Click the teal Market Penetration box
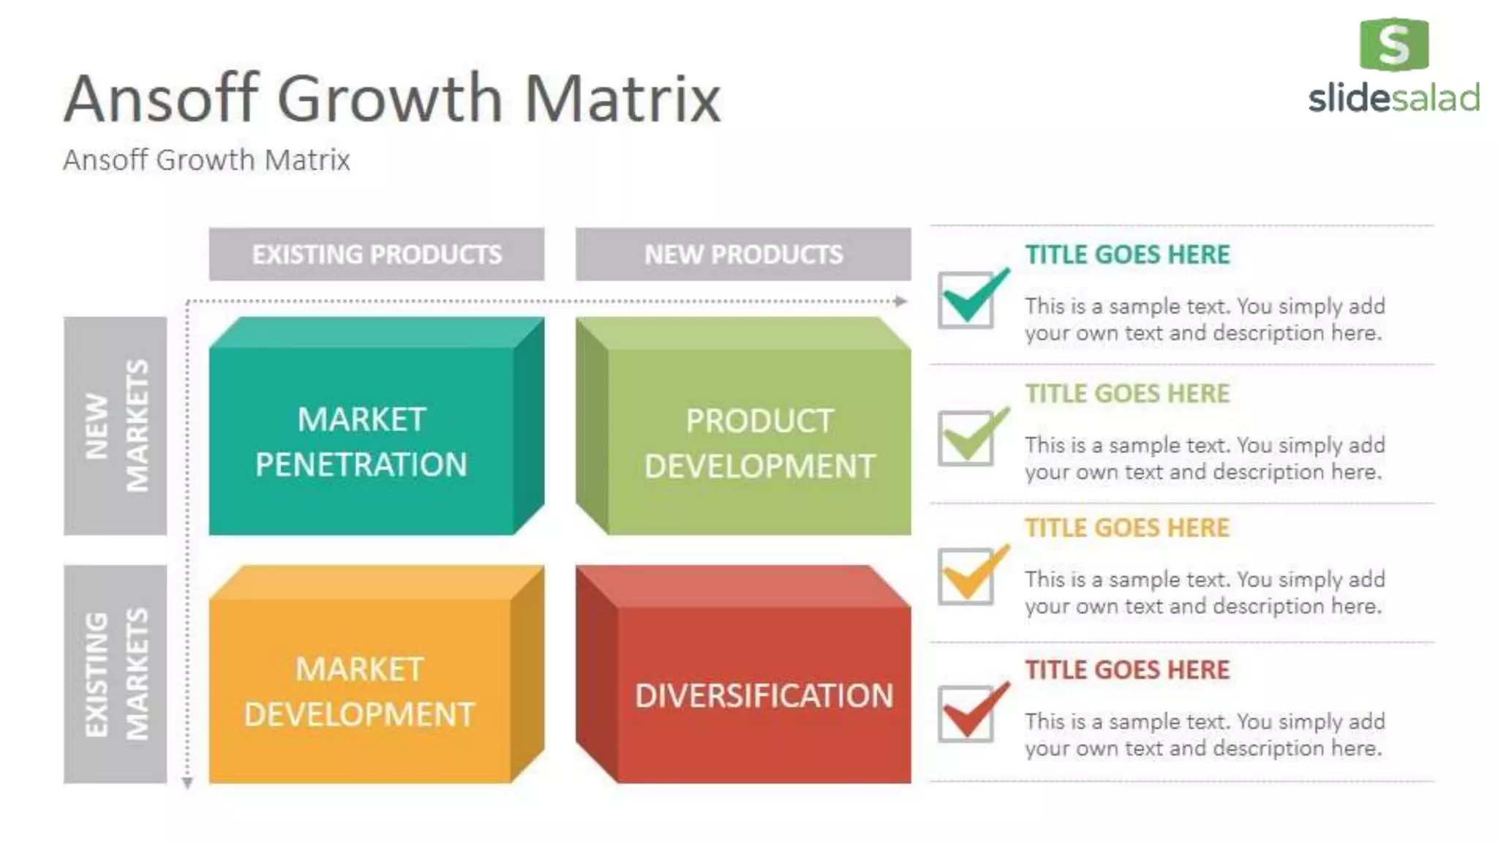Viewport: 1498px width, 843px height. [362, 441]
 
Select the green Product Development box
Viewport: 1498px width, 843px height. [759, 442]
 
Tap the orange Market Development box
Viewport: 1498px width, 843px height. [359, 690]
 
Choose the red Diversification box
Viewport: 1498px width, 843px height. [764, 694]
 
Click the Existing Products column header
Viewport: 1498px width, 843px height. [376, 254]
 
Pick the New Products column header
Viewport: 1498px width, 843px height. [742, 254]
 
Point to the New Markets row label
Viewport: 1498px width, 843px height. [115, 425]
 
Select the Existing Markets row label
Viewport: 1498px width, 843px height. [115, 673]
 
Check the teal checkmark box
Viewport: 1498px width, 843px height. [966, 299]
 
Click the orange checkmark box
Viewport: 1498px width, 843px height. [966, 576]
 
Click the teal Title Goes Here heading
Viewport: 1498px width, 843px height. [1126, 255]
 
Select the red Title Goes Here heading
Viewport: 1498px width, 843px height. [1126, 670]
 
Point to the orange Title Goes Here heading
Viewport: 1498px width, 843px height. [1126, 528]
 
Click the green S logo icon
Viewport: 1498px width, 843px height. [1393, 44]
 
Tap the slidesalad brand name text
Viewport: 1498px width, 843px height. [1393, 98]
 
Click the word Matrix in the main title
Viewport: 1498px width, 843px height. [622, 99]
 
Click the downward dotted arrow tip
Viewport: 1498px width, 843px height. [187, 783]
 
